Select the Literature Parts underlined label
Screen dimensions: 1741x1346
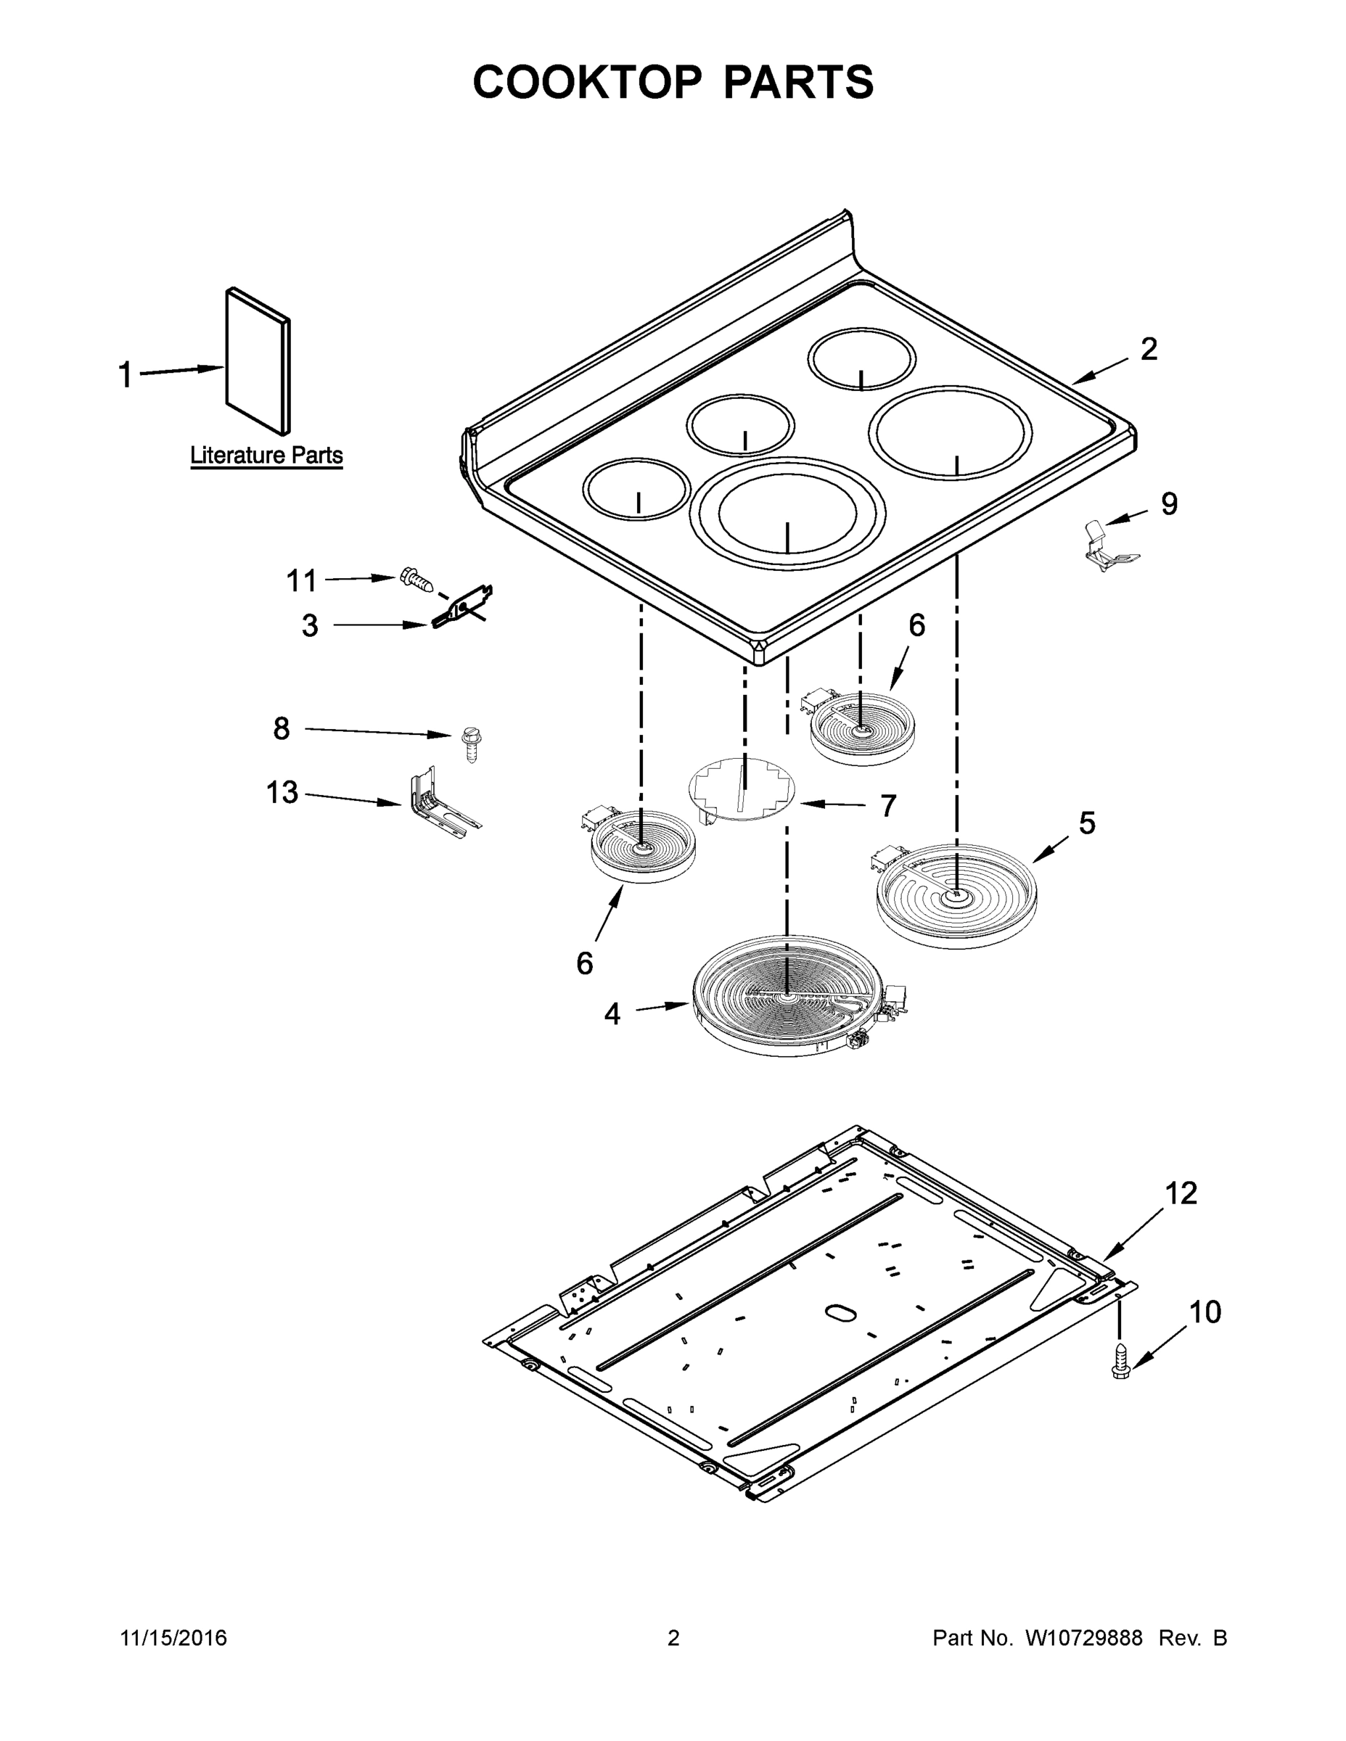click(266, 456)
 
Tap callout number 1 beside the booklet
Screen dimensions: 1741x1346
click(126, 374)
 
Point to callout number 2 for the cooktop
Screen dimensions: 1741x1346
click(1148, 349)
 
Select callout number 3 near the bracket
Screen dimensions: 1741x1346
click(310, 626)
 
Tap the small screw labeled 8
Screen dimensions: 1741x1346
click(470, 744)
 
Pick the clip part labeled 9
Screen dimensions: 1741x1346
click(1109, 549)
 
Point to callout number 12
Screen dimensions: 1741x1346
click(1181, 1193)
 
